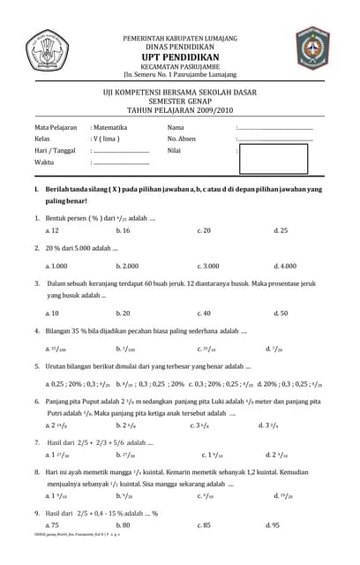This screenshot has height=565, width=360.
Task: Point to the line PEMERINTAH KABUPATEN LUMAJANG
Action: click(180, 37)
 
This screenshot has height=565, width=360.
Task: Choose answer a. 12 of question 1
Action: click(52, 230)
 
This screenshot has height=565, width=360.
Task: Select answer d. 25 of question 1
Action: click(281, 230)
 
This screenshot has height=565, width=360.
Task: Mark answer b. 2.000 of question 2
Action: click(128, 266)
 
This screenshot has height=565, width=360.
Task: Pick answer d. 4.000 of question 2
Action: click(285, 266)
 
